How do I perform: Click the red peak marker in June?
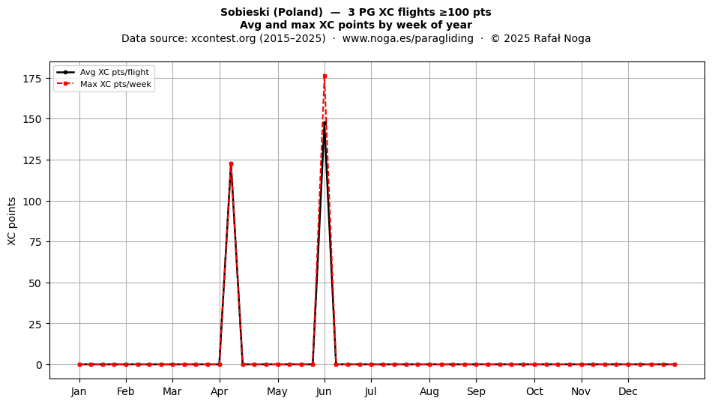click(325, 76)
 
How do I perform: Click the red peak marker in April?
click(231, 164)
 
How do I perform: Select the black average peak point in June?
click(325, 123)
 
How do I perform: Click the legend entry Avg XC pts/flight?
click(115, 72)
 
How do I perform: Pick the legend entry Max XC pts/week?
click(115, 84)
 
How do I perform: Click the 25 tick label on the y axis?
click(36, 324)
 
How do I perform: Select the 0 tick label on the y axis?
click(39, 365)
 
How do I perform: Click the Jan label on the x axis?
click(79, 391)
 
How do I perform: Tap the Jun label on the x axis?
click(325, 391)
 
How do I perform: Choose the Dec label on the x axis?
click(629, 391)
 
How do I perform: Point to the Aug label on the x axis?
click(429, 391)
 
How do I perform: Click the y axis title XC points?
click(12, 222)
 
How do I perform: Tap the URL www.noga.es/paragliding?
click(408, 38)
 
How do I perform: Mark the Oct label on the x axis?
click(535, 391)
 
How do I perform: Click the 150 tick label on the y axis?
click(32, 119)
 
